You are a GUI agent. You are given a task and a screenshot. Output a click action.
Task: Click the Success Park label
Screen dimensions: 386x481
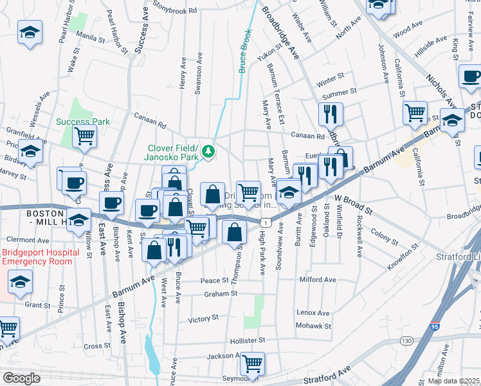point(82,122)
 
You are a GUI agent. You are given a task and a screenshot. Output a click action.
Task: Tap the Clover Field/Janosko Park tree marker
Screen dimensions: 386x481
point(208,151)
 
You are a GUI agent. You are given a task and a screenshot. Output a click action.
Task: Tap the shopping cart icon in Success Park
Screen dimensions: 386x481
point(84,136)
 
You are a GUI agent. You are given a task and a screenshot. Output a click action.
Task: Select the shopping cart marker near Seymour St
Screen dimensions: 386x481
point(252,363)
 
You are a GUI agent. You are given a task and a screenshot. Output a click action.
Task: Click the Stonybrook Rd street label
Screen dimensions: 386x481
point(176,11)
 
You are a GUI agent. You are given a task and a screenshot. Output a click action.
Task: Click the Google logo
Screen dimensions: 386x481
point(21,378)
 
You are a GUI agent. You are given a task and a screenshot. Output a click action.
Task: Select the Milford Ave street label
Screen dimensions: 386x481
point(317,280)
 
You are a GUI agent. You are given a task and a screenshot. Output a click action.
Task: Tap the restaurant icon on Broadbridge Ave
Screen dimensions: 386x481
point(331,115)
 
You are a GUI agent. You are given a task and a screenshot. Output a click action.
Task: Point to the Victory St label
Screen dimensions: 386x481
point(203,318)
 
